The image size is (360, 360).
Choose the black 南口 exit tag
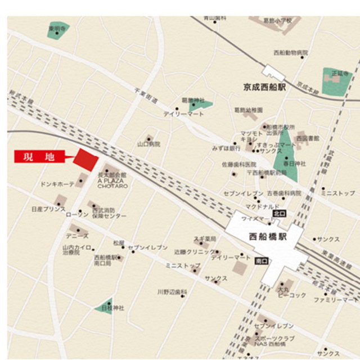click(260, 260)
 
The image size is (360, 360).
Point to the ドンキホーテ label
click(58, 184)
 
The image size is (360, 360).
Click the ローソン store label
click(77, 215)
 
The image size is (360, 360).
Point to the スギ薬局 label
click(205, 238)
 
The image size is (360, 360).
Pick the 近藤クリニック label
click(193, 252)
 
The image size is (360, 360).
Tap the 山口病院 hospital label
click(148, 145)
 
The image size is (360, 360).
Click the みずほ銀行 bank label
click(227, 148)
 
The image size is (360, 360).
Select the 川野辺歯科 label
click(172, 292)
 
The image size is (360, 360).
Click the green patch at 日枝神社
click(104, 304)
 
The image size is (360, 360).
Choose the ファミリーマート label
click(336, 300)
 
